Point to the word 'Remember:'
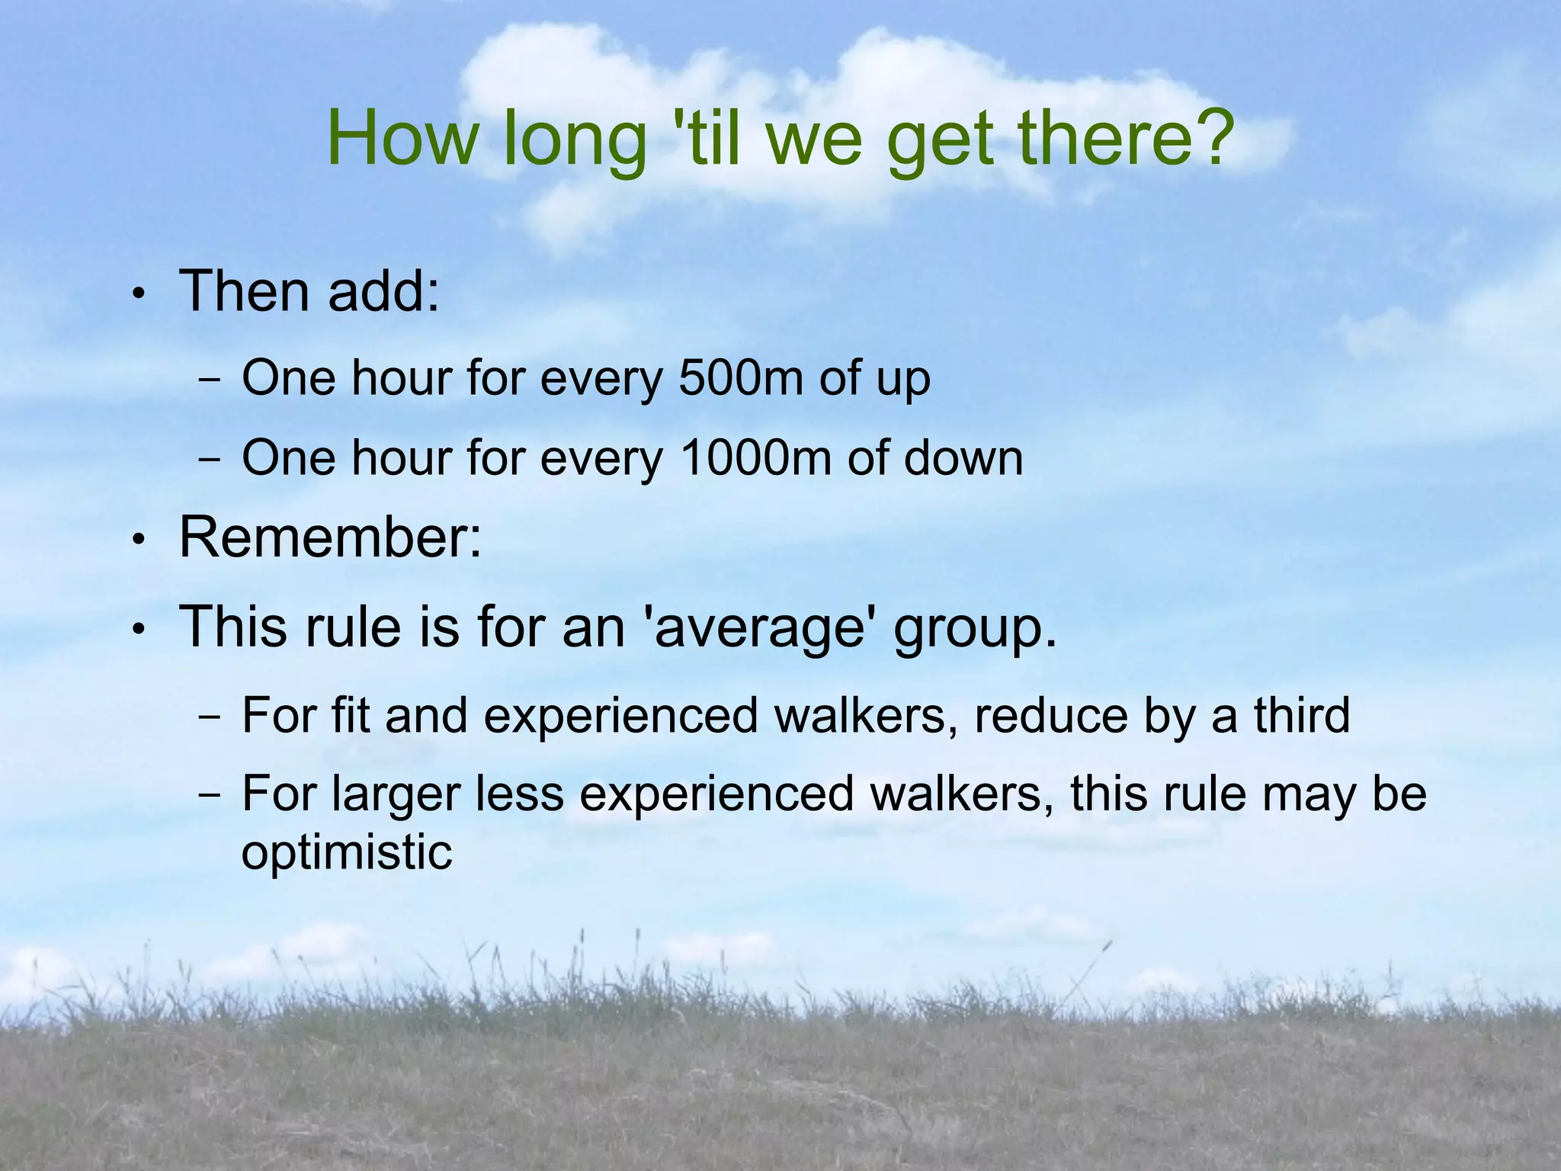330,537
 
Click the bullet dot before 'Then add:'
137,294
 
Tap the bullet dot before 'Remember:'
137,541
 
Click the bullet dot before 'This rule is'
137,630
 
